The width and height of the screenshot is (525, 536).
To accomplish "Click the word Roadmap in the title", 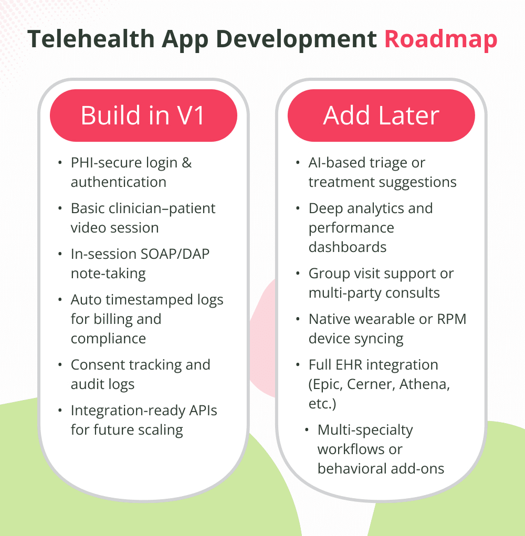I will pyautogui.click(x=440, y=40).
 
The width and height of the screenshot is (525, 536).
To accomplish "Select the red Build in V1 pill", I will pyautogui.click(x=143, y=115).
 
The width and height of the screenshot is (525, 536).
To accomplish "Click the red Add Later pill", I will pyautogui.click(x=381, y=115).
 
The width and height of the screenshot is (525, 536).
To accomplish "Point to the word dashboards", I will pyautogui.click(x=348, y=247).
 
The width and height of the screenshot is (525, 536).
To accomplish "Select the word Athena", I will pyautogui.click(x=424, y=384).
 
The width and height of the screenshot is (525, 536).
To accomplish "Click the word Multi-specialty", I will pyautogui.click(x=365, y=430).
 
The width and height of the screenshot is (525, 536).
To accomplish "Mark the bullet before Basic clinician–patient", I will pyautogui.click(x=59, y=209).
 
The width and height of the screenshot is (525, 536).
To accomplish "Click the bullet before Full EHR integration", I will pyautogui.click(x=297, y=365).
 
